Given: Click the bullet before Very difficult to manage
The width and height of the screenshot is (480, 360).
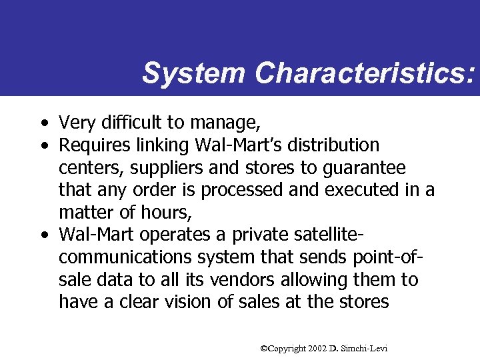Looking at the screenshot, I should coord(43,123).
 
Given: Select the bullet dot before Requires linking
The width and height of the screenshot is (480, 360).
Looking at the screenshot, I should coord(43,145).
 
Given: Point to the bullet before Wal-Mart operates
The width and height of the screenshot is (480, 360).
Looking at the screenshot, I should coord(43,235).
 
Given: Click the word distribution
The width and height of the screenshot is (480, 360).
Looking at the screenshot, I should coord(341,145).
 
